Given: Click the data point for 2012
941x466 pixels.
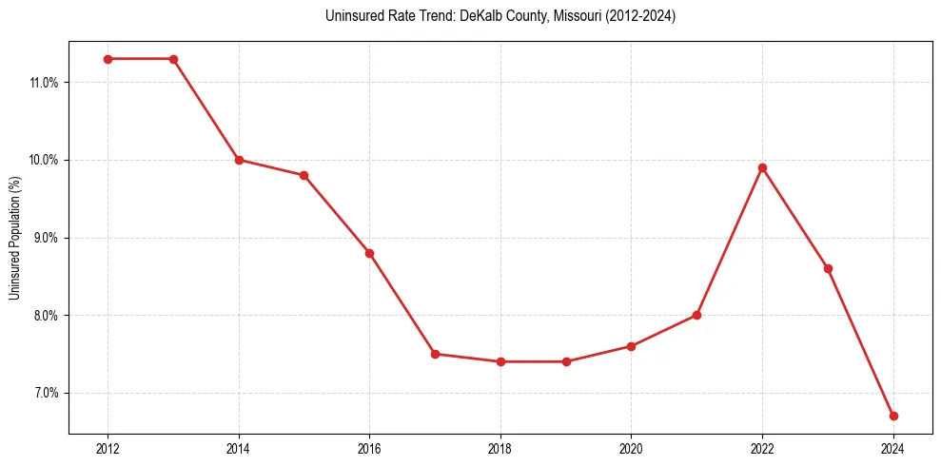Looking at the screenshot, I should click(x=108, y=59).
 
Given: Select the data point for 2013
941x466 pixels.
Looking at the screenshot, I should click(x=173, y=59).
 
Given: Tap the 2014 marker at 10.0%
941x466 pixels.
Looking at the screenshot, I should click(x=239, y=160).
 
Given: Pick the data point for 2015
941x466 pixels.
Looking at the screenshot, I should click(x=304, y=175).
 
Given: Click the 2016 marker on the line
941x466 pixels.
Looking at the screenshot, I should click(x=369, y=253).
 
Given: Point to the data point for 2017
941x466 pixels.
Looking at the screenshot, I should click(x=435, y=354).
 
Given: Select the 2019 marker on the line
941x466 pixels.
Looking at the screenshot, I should click(x=566, y=361).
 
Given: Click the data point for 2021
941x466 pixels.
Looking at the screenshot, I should click(x=696, y=315).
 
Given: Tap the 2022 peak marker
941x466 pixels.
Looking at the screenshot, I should click(x=762, y=167).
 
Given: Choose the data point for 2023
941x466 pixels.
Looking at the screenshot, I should click(x=828, y=268).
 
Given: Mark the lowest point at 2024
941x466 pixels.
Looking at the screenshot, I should click(x=893, y=416).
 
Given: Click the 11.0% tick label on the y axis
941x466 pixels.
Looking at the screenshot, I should click(x=44, y=83).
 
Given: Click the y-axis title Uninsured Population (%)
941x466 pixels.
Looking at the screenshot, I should click(x=15, y=238).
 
